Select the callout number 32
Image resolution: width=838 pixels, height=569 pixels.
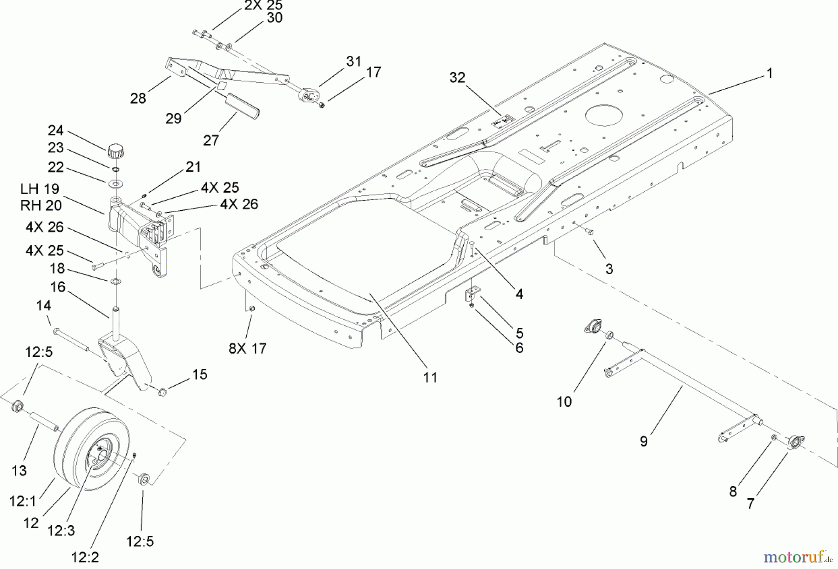coord(457,78)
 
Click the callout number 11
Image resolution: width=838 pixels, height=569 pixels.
coord(430,377)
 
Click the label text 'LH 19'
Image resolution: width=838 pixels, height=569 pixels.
coord(40,189)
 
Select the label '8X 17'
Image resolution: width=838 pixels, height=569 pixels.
coord(247,348)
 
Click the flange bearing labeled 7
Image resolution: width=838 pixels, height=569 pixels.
coord(795,442)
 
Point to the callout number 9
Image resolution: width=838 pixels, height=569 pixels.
coord(643,442)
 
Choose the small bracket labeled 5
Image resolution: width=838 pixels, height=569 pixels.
coord(473,295)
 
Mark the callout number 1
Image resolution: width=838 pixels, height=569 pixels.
coord(769,74)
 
